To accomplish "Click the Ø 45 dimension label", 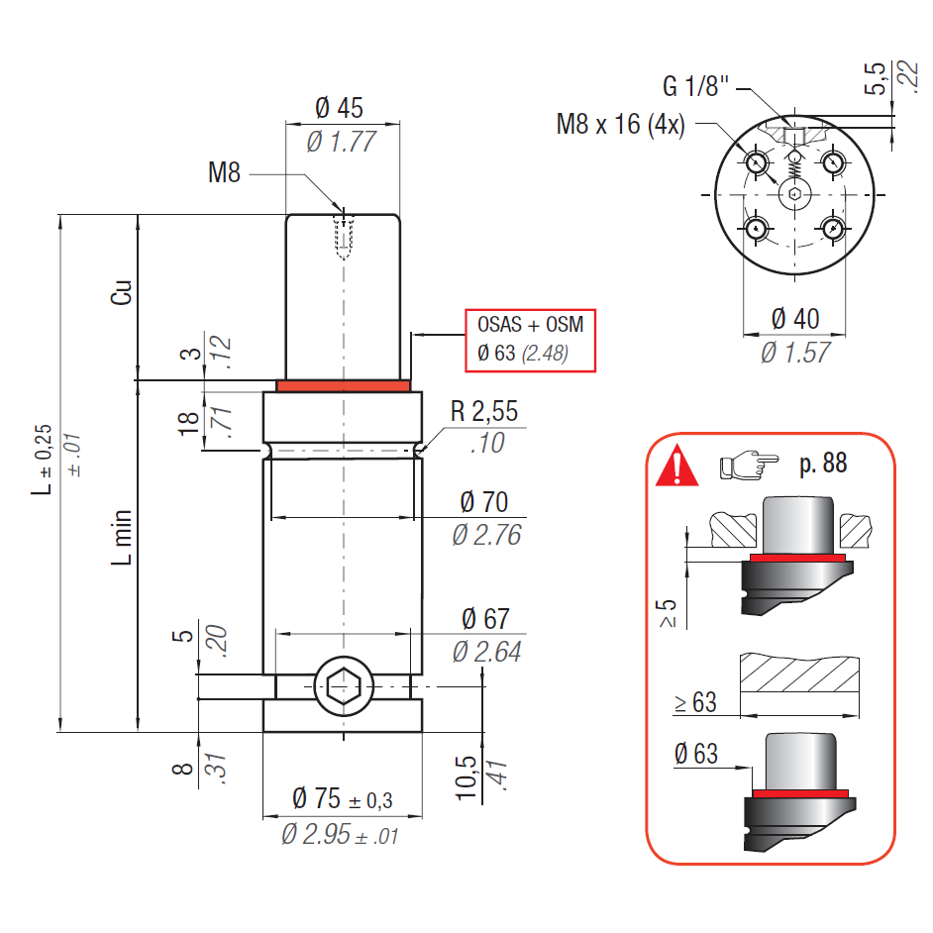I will coord(340,108).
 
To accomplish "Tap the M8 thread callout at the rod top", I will coord(224,173).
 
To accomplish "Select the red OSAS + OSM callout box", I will coord(531,340).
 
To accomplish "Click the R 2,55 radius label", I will coord(483,412).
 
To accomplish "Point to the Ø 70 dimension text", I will coord(484,502).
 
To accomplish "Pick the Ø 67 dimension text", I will coord(484,619).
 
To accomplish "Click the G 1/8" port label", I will coord(695,86).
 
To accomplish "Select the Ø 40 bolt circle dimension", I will coord(795,319).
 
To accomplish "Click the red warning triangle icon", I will coord(676,465).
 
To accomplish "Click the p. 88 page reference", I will coord(822,463).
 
